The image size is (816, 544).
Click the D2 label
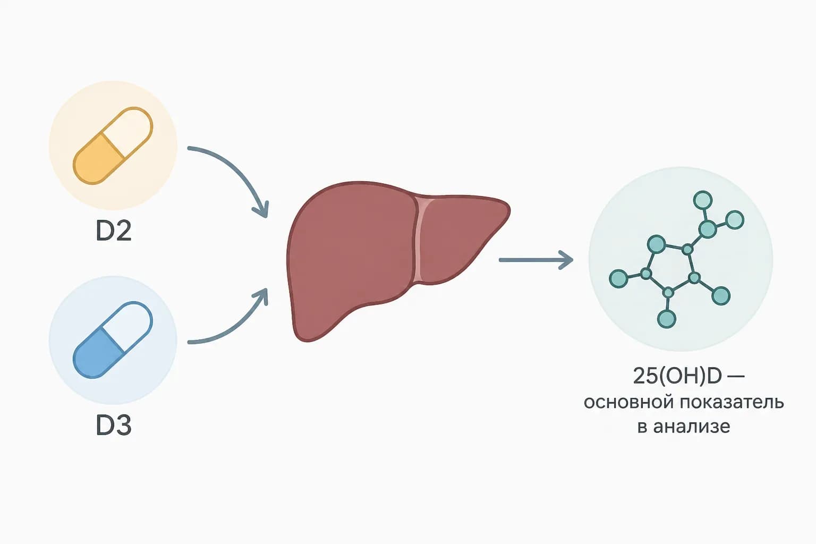[x=113, y=231]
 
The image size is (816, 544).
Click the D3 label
[x=113, y=425]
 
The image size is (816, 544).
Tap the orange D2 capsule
[x=113, y=146]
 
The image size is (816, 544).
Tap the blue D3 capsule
[x=113, y=340]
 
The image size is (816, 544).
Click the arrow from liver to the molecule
[x=536, y=260]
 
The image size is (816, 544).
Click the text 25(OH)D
[x=677, y=376]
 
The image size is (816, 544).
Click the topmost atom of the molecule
[x=703, y=200]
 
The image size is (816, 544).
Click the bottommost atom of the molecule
[x=667, y=319]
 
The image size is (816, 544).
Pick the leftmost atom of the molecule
[x=618, y=279]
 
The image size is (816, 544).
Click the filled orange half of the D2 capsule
[x=97, y=160]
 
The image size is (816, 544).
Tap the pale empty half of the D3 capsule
[x=129, y=324]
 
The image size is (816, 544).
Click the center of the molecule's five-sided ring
[x=669, y=268]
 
